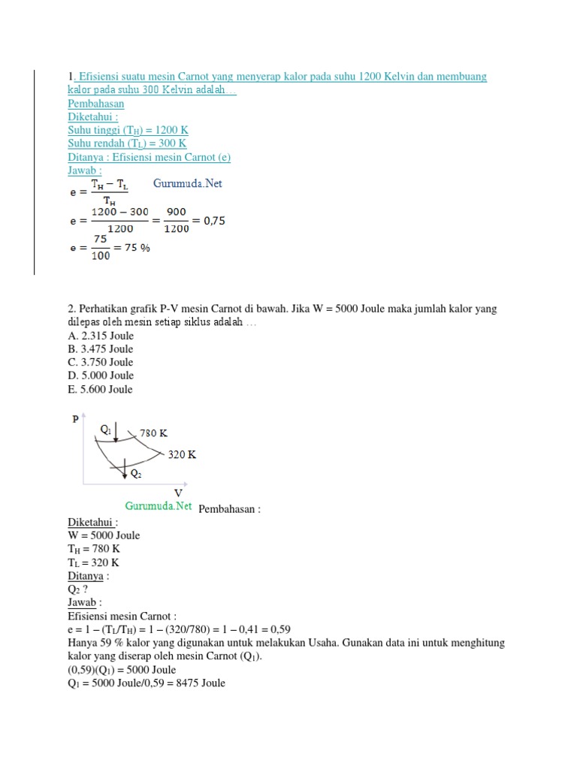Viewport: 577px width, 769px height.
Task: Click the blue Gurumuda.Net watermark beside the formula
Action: [188, 183]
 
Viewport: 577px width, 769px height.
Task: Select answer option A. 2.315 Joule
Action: [100, 336]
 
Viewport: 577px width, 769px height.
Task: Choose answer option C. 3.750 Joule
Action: [100, 362]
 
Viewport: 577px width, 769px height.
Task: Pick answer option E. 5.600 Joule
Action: [100, 389]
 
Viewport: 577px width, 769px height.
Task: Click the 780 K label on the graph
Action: [153, 433]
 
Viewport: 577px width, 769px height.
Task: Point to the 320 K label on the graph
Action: [182, 454]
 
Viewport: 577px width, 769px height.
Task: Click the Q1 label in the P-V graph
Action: [105, 429]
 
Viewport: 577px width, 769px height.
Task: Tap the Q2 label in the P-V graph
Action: [135, 474]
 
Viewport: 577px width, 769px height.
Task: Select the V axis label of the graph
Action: [178, 493]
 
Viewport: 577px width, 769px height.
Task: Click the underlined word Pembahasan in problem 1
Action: [95, 104]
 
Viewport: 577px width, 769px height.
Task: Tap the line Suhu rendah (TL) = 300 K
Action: [127, 143]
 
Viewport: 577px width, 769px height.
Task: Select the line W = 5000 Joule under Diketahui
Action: [104, 535]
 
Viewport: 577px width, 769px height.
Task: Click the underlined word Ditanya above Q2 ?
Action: [85, 576]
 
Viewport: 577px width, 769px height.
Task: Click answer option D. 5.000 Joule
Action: [101, 375]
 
